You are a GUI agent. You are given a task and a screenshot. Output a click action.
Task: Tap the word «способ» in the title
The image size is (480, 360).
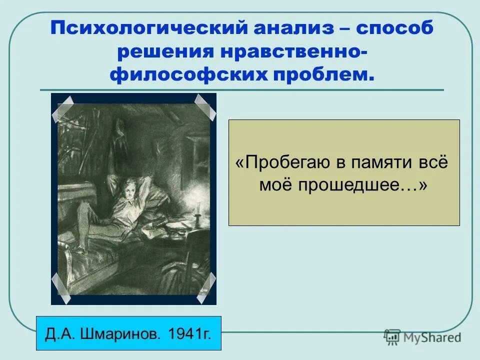click(x=394, y=28)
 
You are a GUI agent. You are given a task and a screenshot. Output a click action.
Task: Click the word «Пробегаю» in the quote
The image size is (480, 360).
click(x=286, y=163)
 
